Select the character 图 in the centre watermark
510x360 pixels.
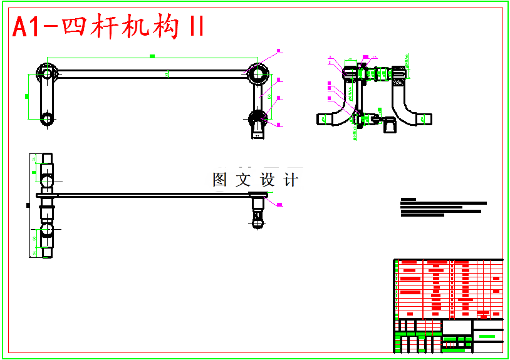click(x=219, y=180)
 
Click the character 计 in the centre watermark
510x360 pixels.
click(x=291, y=180)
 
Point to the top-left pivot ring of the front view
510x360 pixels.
click(x=44, y=73)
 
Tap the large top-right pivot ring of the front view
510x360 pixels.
click(x=257, y=74)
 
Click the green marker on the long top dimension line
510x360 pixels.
click(x=152, y=56)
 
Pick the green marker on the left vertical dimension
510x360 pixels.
click(x=26, y=95)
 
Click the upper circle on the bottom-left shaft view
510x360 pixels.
click(x=48, y=181)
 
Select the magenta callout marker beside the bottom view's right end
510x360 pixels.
click(x=279, y=204)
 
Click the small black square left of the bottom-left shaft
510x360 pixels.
click(x=28, y=205)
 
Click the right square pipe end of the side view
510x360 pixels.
click(x=427, y=118)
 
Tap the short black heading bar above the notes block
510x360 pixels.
click(x=408, y=199)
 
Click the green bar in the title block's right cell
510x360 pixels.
click(x=487, y=337)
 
